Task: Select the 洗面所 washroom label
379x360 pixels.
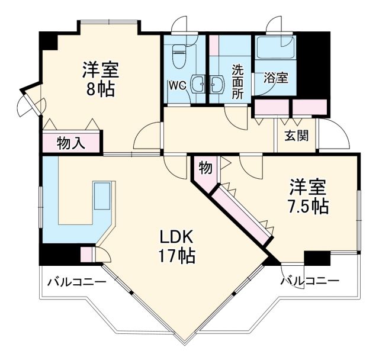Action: tap(238, 81)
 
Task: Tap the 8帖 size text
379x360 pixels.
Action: tap(100, 90)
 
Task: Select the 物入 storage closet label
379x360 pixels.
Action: tap(72, 143)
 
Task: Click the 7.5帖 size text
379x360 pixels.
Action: tap(308, 205)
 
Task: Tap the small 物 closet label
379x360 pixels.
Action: tap(205, 168)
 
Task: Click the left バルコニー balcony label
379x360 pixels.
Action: tap(77, 282)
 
